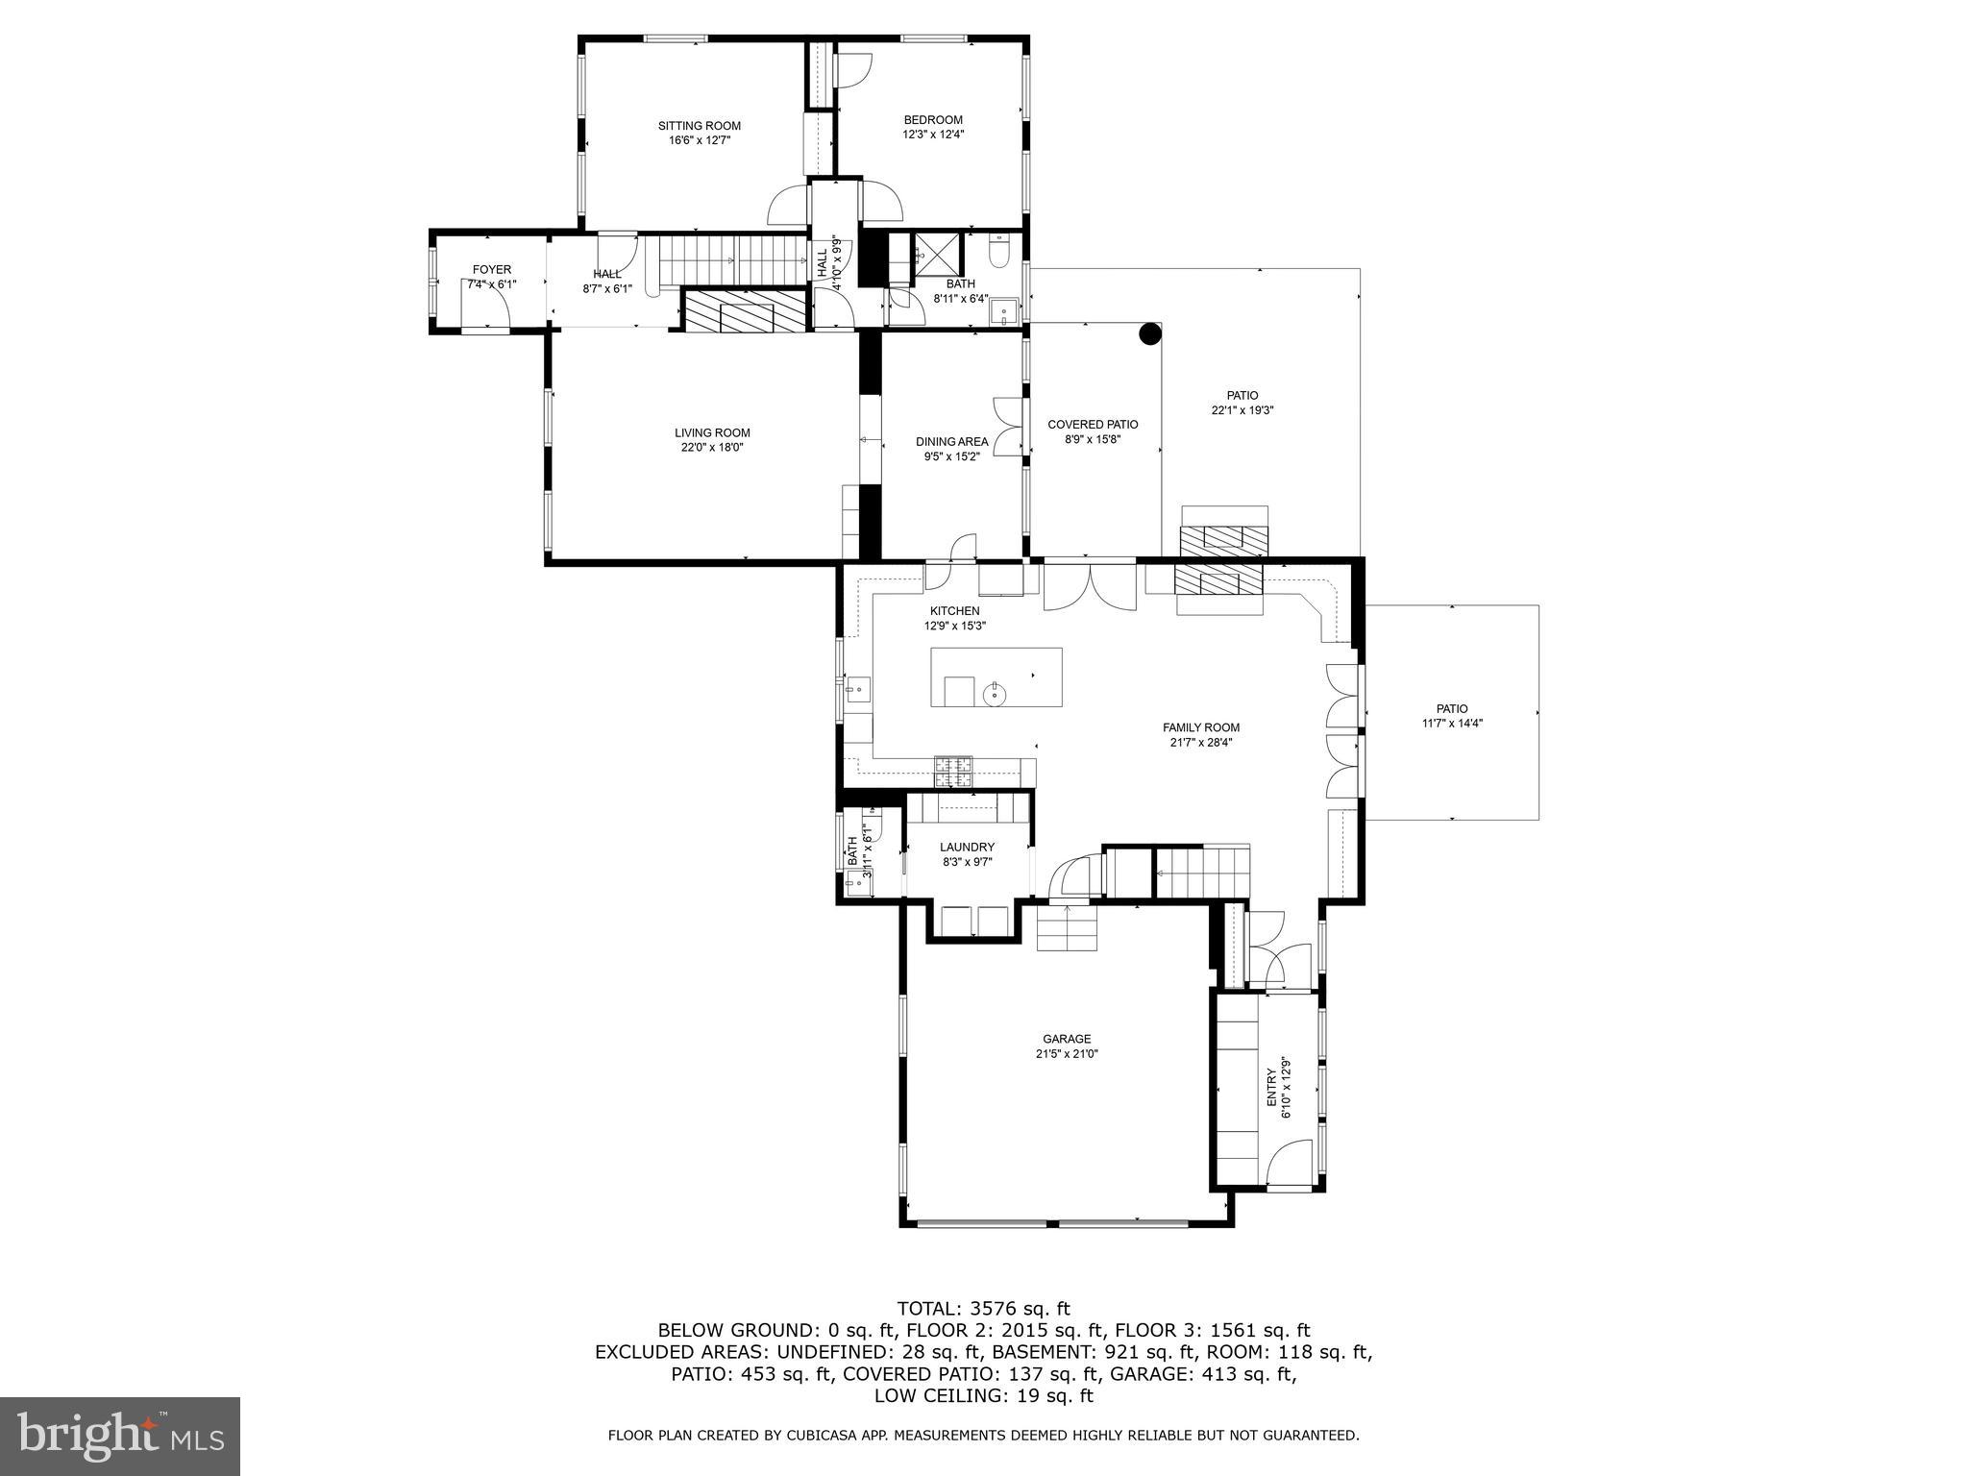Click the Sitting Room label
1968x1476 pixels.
699,126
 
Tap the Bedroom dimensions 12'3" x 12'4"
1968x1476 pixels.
932,135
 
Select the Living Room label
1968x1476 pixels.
711,432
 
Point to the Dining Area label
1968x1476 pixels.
951,442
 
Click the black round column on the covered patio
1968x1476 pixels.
1149,333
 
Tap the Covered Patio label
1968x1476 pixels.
1093,425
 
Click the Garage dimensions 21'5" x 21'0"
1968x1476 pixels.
1067,1053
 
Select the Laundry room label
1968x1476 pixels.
967,847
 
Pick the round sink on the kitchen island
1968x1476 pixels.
994,693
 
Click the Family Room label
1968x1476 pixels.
1200,727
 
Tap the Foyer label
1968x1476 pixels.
491,270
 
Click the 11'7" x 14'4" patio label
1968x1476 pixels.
1452,709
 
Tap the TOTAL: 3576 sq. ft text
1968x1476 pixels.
982,1308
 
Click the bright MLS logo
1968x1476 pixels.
120,1437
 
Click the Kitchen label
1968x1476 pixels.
954,611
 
